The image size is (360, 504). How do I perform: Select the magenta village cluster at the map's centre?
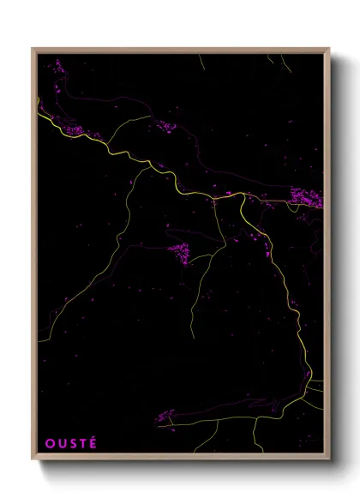[180, 252]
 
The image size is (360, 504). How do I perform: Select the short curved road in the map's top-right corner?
[279, 62]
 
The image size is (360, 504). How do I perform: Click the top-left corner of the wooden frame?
[33, 49]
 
